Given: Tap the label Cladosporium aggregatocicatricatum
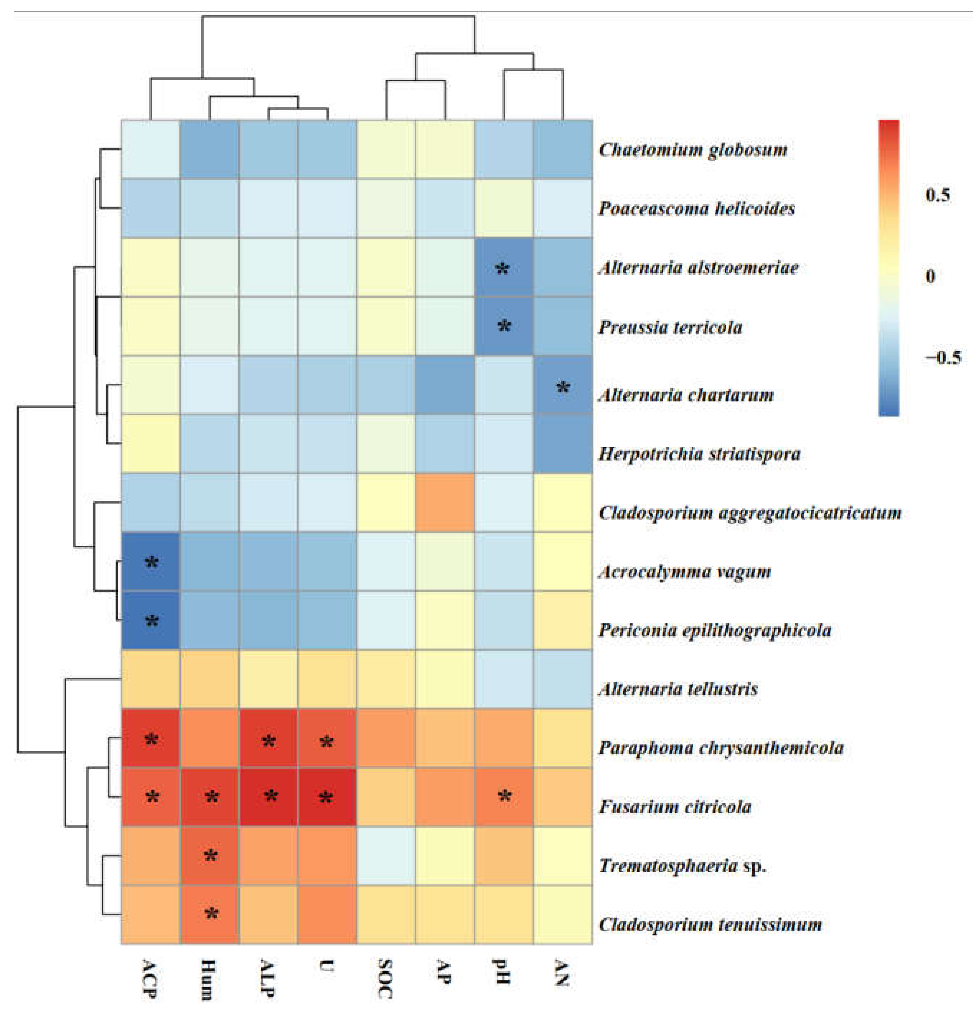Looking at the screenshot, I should tap(750, 512).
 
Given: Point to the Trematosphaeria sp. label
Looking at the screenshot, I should tap(682, 865).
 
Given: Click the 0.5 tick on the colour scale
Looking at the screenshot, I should tap(937, 195).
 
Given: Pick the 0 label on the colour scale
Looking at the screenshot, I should tap(930, 276).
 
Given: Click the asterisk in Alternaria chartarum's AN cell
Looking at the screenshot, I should tap(563, 388).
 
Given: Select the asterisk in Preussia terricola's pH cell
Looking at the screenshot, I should tap(504, 326).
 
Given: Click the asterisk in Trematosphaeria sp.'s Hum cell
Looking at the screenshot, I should tap(210, 856).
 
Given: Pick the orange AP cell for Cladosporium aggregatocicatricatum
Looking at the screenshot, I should tap(445, 502).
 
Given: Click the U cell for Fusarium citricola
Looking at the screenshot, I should tap(327, 797).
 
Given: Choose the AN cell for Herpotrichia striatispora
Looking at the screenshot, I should tap(563, 444).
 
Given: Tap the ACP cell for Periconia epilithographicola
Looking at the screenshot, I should tap(150, 620).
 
